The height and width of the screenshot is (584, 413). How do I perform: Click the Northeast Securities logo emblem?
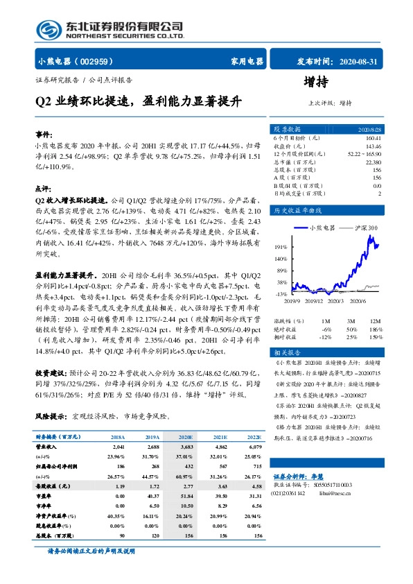(47, 28)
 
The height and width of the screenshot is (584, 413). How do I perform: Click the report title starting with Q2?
(139, 101)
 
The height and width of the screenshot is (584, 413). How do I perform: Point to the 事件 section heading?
(44, 135)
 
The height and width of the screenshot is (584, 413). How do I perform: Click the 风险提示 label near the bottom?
(50, 417)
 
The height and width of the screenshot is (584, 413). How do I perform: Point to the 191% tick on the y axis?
(281, 246)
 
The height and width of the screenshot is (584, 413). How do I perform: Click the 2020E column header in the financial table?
(186, 437)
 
